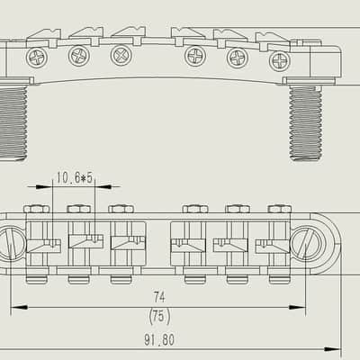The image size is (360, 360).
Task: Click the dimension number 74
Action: [x=159, y=297]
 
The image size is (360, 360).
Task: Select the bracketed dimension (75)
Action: [x=159, y=316]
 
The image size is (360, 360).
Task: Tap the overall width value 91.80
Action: [x=159, y=340]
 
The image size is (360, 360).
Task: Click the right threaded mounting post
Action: [x=306, y=123]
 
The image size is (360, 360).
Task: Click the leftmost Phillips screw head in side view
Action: [x=37, y=57]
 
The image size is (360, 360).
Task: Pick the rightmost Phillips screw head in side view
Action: [x=280, y=61]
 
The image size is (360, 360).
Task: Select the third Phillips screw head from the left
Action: [x=121, y=55]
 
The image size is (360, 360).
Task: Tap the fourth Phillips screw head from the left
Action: [x=195, y=57]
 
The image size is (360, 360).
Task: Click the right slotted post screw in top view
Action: [x=309, y=243]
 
